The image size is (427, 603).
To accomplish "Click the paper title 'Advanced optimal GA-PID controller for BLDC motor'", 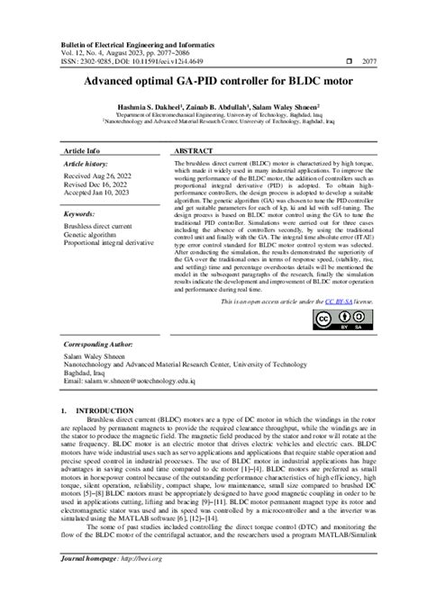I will click(x=213, y=81).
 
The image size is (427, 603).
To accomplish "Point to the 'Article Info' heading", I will click(x=82, y=150).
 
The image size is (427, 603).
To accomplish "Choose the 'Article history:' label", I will click(x=86, y=165).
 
